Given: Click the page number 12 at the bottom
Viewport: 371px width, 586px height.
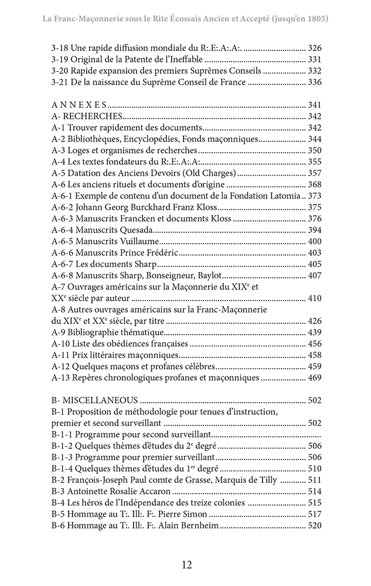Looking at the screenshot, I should pos(186,565).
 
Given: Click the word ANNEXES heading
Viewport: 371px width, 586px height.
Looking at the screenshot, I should pos(79,104).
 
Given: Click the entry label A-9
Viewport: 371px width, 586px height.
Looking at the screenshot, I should pos(59,332).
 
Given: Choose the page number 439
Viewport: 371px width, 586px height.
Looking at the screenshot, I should pos(314,332).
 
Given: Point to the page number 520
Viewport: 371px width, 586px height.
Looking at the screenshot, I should pos(314,526).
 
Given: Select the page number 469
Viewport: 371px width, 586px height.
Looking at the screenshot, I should pos(314,378).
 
